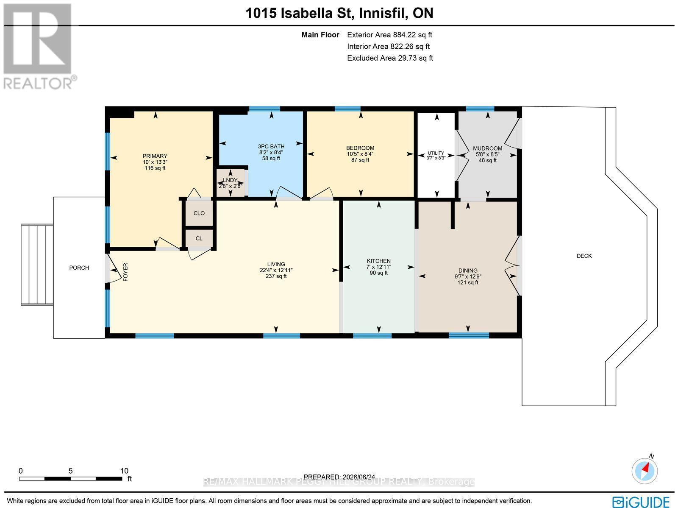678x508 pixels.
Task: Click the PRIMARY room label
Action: (155, 156)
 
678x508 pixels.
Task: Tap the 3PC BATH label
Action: (271, 146)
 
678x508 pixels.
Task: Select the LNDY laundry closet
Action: (231, 183)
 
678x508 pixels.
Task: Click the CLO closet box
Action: (199, 213)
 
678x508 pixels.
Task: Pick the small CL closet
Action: (199, 238)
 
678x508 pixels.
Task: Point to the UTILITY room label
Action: (436, 153)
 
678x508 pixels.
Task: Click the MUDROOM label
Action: (487, 148)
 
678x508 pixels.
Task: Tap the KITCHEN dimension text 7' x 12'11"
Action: (379, 267)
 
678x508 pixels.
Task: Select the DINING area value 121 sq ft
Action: (468, 282)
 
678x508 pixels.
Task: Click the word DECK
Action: (584, 256)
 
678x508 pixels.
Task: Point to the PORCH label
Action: (79, 268)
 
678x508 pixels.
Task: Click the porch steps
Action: (37, 265)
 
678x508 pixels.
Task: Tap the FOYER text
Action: (125, 272)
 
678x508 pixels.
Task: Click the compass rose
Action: (645, 471)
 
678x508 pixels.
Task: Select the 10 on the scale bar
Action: (124, 471)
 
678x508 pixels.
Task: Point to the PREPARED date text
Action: (339, 477)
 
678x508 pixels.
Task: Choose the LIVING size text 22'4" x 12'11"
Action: (276, 270)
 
